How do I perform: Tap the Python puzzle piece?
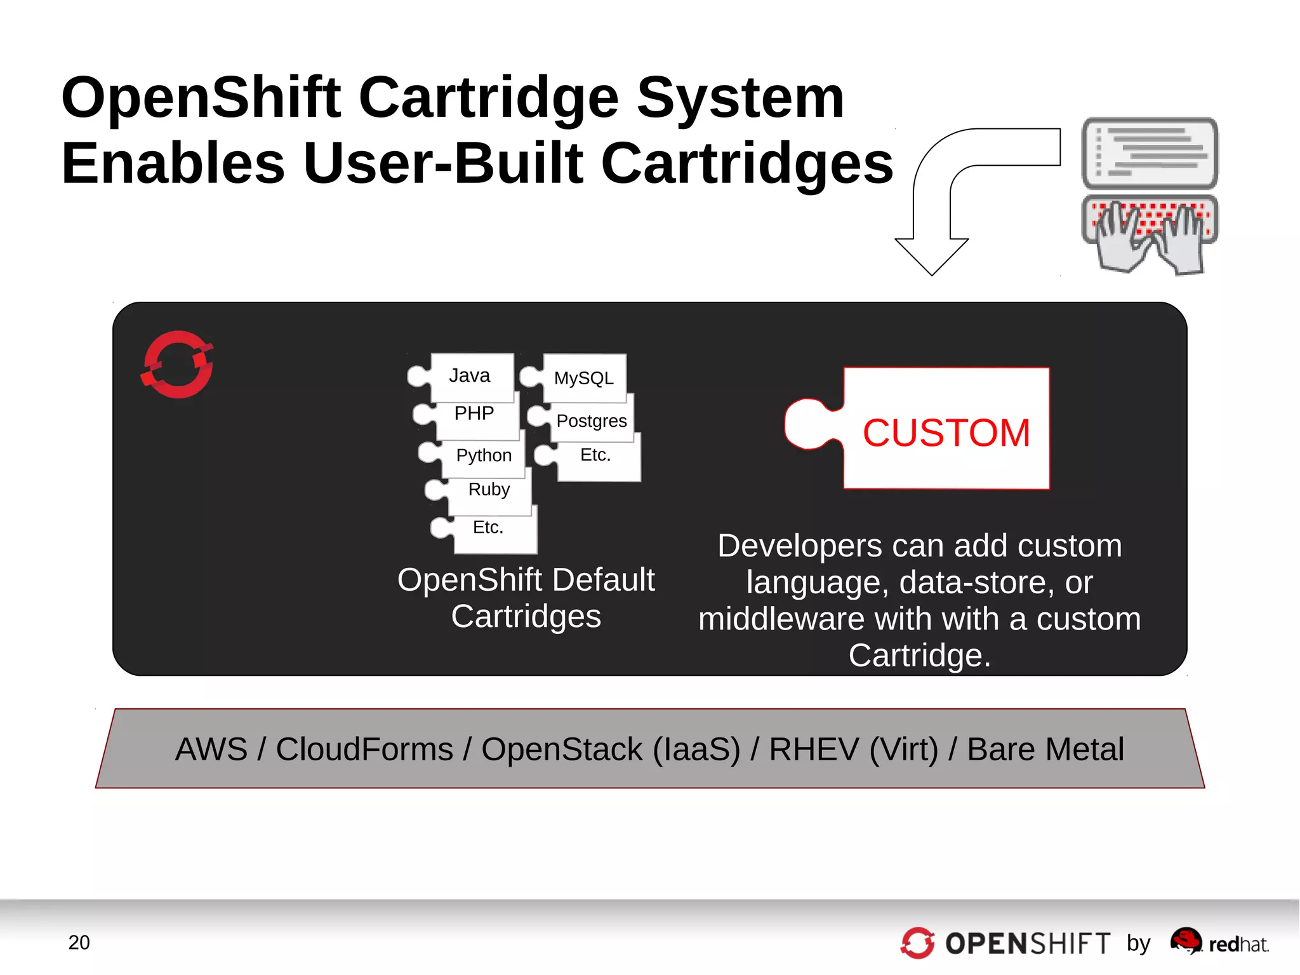tap(483, 455)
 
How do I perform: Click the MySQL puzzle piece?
tap(583, 379)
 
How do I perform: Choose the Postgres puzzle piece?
tap(591, 421)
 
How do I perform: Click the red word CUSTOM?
tap(945, 433)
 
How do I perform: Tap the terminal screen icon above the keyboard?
tap(1150, 153)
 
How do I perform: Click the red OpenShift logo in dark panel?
tap(178, 365)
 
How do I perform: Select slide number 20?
tap(79, 943)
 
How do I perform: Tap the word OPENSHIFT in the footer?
tap(1027, 944)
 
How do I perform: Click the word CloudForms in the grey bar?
tap(364, 750)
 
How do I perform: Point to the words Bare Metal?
tap(1045, 750)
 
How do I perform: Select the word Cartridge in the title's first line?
tap(488, 98)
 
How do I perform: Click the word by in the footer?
tap(1138, 944)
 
